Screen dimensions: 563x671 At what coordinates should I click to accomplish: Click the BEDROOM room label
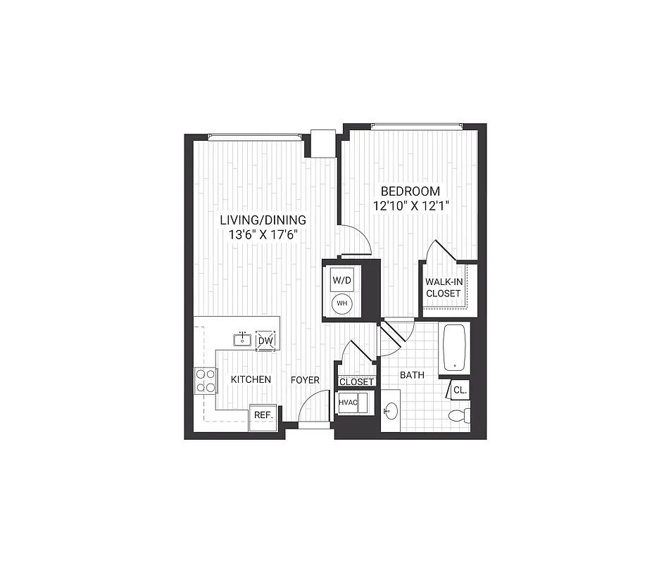point(410,191)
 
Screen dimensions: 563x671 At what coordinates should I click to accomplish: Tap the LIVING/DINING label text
point(263,220)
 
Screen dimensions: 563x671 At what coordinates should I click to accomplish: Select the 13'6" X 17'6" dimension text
point(263,235)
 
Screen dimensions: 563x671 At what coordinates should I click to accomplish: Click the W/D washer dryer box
point(341,279)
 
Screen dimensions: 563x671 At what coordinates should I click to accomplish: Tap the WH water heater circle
point(341,303)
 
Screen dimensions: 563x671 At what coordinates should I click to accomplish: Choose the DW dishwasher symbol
point(265,341)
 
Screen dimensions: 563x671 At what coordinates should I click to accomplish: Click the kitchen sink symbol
point(242,340)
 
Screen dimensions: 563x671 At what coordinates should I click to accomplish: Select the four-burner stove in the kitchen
point(206,381)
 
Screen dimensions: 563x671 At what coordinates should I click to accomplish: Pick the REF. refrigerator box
point(263,415)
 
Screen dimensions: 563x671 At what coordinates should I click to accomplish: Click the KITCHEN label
point(251,379)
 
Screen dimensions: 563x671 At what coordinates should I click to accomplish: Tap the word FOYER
point(306,379)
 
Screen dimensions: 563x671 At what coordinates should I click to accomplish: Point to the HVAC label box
point(348,403)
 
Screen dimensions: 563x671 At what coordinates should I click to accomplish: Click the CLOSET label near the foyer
point(356,381)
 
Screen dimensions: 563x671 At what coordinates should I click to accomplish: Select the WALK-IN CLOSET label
point(443,288)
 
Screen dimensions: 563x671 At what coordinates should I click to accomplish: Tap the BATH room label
point(412,375)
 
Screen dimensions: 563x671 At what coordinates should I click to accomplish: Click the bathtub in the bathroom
point(454,347)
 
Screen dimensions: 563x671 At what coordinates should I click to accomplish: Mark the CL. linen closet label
point(459,390)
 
